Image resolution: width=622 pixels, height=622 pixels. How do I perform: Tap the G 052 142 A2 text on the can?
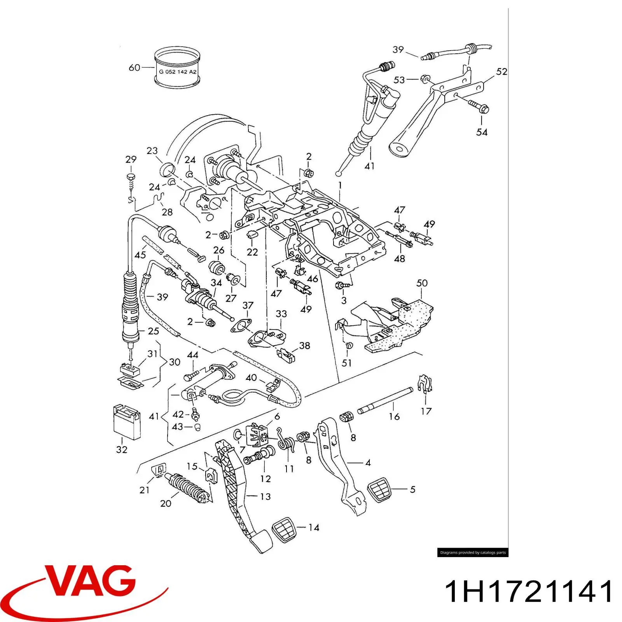pos(178,72)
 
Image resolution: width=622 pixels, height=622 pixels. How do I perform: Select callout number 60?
pos(134,68)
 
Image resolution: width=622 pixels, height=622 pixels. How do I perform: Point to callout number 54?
pos(482,132)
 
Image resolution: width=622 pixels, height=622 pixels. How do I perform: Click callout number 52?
pos(502,72)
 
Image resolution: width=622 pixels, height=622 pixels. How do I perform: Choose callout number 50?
pos(422,283)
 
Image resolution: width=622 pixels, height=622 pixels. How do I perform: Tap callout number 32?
pos(122,449)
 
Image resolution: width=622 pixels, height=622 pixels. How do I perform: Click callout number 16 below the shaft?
pos(394,417)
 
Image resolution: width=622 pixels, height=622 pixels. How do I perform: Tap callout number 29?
pos(131,159)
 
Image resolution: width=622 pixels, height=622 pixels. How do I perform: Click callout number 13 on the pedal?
pos(266,496)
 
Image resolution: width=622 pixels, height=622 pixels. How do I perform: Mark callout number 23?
pos(152,151)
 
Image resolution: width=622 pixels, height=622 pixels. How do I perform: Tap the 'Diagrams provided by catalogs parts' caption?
pos(473,552)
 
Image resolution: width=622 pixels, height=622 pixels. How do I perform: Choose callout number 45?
pos(140,255)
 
